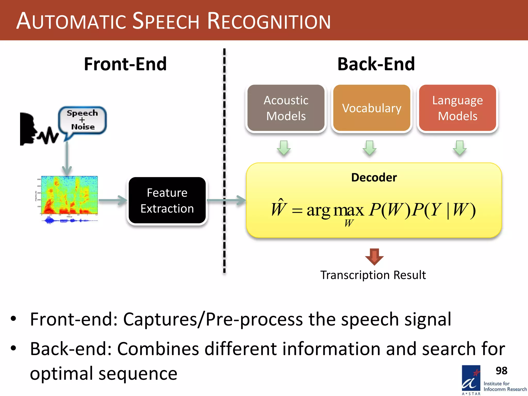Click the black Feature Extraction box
point(167,200)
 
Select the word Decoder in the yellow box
point(374,177)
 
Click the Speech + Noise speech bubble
point(82,120)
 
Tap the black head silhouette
point(28,129)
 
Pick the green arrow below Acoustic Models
point(284,148)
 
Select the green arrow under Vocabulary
point(370,148)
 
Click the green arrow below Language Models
point(460,148)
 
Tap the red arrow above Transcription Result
point(374,257)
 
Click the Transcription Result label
point(373,275)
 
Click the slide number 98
point(501,371)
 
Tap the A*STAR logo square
point(471,378)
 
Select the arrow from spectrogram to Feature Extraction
point(113,200)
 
